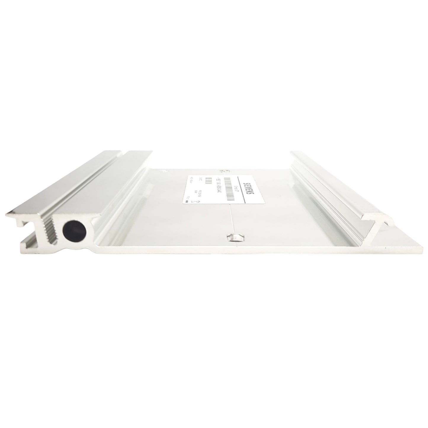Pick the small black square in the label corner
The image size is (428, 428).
click(x=186, y=201)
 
